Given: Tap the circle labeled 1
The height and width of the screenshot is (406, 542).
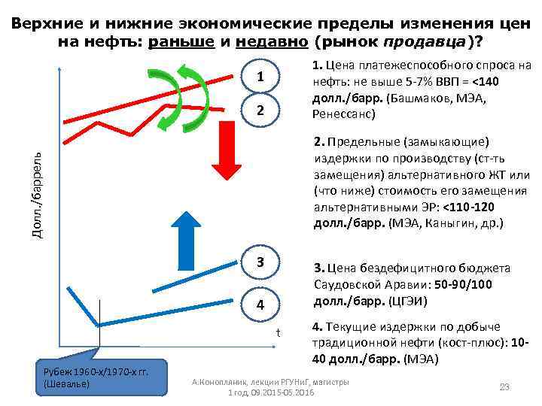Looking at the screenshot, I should [260, 78].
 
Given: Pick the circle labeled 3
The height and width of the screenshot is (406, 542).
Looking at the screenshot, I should [260, 262].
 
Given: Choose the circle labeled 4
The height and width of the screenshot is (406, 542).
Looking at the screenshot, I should [260, 305].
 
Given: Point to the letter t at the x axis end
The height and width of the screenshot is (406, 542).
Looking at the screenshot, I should [277, 332].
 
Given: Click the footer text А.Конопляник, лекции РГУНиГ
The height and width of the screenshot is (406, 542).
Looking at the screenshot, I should [270, 382].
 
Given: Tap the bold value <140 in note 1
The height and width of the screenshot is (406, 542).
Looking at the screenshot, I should [488, 80].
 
